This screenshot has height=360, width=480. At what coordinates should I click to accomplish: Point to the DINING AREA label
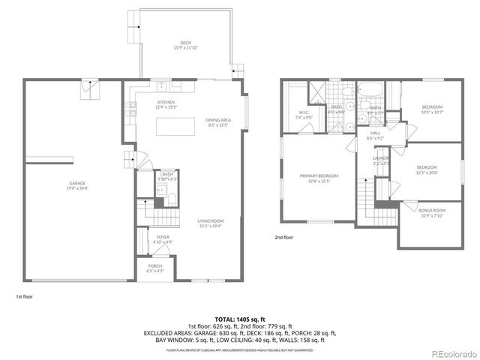pyautogui.click(x=218, y=122)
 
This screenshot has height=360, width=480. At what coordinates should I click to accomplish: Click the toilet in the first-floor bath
pyautogui.click(x=170, y=199)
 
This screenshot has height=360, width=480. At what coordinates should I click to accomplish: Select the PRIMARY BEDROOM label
pyautogui.click(x=319, y=178)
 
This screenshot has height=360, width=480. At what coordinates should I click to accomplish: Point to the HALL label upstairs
pyautogui.click(x=375, y=136)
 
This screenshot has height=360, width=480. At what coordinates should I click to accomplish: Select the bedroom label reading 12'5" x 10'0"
pyautogui.click(x=427, y=169)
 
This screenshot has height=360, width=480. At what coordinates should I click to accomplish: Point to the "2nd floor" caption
pyautogui.click(x=284, y=237)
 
